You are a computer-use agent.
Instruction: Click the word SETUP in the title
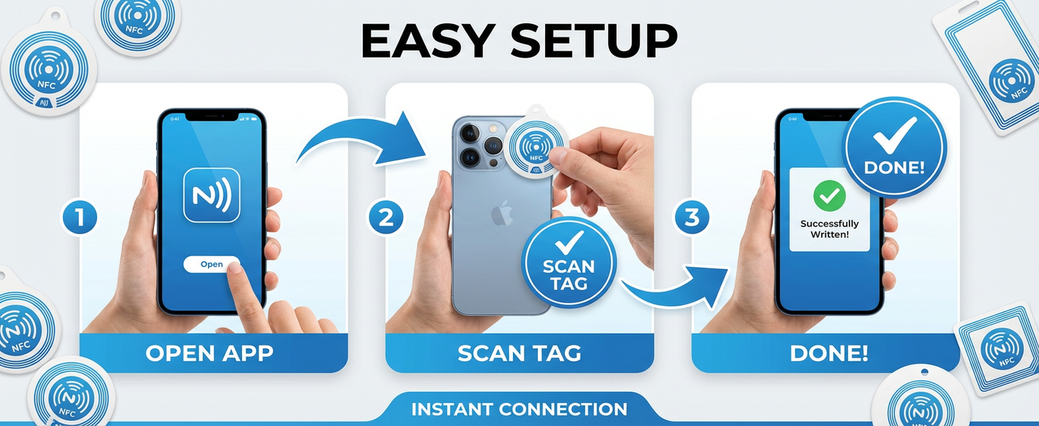click(594, 41)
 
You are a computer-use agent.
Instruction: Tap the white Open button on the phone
click(211, 264)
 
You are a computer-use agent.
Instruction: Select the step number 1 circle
click(79, 217)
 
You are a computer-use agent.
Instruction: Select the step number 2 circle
click(385, 217)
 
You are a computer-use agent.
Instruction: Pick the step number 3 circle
click(691, 217)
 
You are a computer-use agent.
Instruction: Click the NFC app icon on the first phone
click(211, 195)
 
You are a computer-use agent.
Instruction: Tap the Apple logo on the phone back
click(502, 214)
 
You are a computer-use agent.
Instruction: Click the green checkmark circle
click(830, 196)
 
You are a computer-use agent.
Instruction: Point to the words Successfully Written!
click(830, 229)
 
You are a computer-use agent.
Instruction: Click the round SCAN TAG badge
click(568, 263)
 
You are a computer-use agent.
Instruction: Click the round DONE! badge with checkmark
click(894, 148)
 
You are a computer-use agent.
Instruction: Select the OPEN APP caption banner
click(214, 353)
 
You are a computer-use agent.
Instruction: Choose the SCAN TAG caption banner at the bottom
click(519, 353)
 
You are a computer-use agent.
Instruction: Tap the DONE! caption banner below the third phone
click(825, 353)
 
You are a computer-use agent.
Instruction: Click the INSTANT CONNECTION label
click(519, 409)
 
